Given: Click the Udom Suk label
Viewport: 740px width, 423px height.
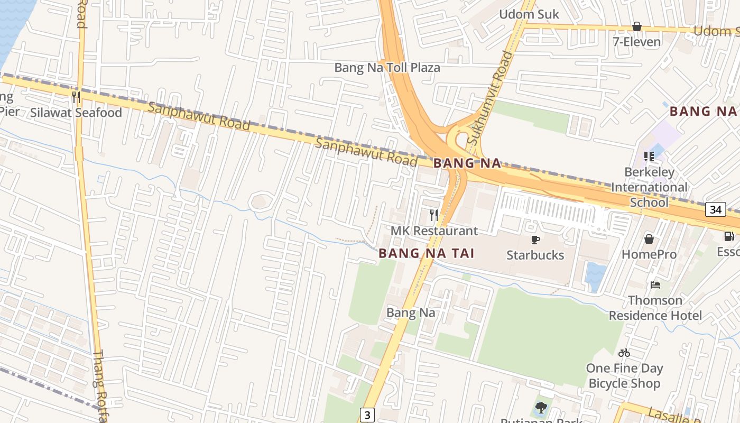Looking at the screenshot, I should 529,14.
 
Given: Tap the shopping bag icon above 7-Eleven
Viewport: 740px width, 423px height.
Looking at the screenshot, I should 636,26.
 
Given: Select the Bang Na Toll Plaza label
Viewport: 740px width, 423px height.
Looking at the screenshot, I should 387,68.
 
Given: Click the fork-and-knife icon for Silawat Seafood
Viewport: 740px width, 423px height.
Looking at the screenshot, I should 76,97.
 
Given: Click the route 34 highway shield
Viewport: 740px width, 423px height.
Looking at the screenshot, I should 716,209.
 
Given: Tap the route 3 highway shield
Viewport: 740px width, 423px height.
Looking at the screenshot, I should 367,415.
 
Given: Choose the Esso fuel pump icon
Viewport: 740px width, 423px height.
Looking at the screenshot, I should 729,236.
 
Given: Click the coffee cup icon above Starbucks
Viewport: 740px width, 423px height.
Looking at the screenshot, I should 535,240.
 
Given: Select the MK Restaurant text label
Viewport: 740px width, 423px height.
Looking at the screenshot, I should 434,231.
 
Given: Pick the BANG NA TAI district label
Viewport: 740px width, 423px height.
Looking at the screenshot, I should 426,254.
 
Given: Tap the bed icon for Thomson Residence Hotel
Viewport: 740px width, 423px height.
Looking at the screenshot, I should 655,285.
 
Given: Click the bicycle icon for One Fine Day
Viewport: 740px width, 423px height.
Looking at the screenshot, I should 624,353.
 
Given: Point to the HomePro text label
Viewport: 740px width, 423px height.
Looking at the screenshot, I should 649,254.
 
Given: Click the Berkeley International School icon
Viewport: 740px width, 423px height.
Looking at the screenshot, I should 649,157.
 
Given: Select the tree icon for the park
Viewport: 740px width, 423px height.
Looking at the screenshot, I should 541,407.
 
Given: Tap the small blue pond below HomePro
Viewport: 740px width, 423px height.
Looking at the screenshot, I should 595,276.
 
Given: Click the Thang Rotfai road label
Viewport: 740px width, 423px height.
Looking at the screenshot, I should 99,386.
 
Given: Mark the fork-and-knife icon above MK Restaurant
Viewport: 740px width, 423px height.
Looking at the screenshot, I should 434,215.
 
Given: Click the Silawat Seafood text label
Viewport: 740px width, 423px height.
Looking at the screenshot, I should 76,113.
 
